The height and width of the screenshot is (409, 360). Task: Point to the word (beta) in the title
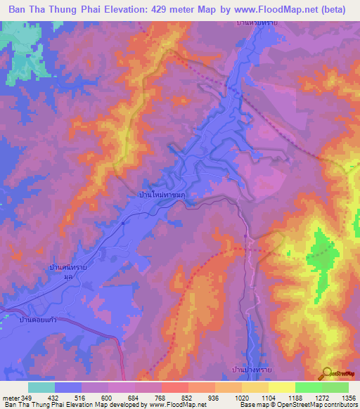click(333, 10)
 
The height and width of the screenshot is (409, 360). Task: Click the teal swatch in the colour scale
click(41, 387)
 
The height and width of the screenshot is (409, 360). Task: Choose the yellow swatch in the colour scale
click(281, 387)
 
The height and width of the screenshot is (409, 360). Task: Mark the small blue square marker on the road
click(123, 223)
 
